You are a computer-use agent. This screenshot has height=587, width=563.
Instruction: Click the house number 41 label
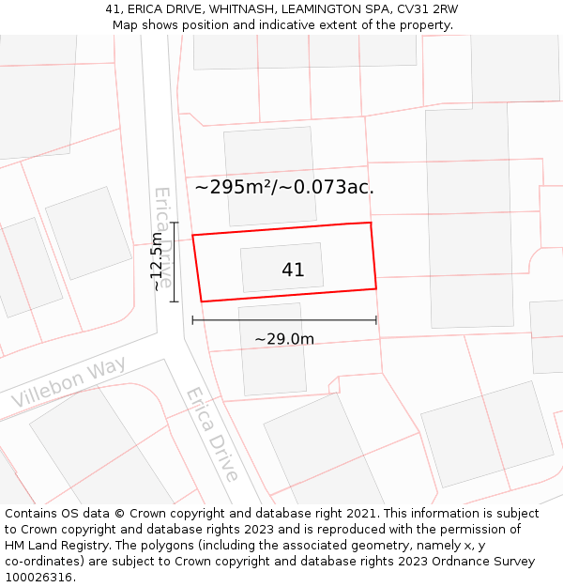click(x=293, y=270)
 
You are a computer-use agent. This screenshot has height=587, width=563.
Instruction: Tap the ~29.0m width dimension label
click(x=284, y=339)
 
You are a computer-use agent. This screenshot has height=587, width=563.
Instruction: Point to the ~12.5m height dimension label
click(x=157, y=262)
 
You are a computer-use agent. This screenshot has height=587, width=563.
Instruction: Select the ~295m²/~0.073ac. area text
click(x=284, y=187)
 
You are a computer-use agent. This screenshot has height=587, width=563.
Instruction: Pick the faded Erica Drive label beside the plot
click(x=163, y=237)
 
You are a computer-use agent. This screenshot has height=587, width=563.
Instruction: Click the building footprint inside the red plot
click(x=281, y=268)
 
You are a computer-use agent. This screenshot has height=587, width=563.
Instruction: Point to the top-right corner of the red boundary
click(x=371, y=223)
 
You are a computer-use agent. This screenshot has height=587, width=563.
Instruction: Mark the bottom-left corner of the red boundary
click(x=201, y=301)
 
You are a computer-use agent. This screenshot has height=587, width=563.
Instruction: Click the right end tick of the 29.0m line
click(x=376, y=320)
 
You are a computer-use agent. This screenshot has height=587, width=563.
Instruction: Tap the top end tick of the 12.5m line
click(x=175, y=223)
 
